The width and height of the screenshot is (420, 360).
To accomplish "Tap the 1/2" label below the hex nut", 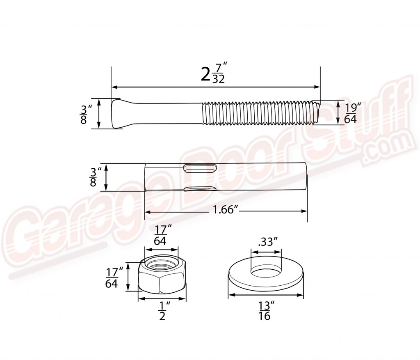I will pyautogui.click(x=162, y=311).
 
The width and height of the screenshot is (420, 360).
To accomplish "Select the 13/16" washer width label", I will pyautogui.click(x=265, y=310).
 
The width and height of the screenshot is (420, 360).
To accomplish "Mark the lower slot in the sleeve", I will pyautogui.click(x=200, y=188).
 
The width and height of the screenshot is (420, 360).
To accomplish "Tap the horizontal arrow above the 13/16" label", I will pyautogui.click(x=265, y=295).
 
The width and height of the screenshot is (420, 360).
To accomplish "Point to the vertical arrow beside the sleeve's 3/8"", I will pyautogui.click(x=106, y=177).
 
